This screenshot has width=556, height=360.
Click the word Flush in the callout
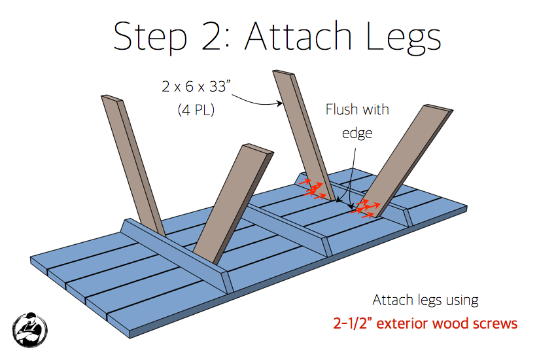(343, 109)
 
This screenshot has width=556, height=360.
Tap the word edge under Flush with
(357, 133)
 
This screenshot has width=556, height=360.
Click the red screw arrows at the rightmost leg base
(366, 207)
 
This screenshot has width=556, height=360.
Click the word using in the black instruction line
(457, 300)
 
